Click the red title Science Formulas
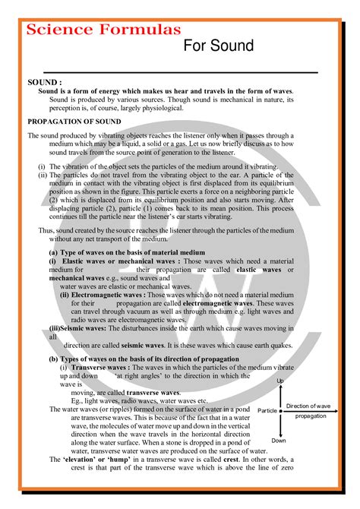(x=104, y=29)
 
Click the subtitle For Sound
(x=219, y=46)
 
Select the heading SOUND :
(x=45, y=81)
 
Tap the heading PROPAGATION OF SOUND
(x=74, y=120)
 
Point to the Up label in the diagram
(x=280, y=381)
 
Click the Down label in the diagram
(x=279, y=441)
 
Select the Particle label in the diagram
(x=267, y=410)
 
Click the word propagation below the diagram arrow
(x=311, y=416)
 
